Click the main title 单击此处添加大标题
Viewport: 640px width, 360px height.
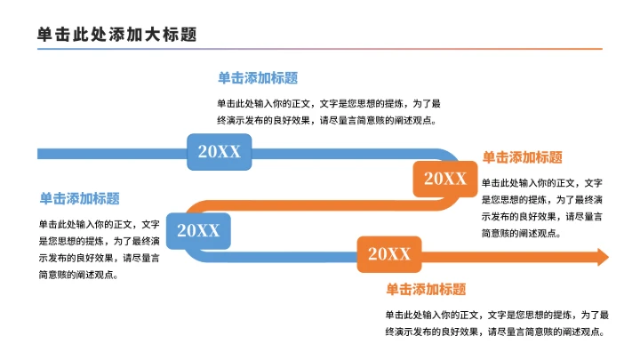[x=116, y=34]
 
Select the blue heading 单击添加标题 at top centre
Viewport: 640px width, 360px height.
[x=258, y=78]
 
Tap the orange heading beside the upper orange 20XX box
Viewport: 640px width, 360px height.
[x=522, y=157]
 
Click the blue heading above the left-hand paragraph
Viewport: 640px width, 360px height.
[x=79, y=198]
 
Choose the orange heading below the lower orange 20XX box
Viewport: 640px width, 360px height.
[x=426, y=290]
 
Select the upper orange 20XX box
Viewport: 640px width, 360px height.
[x=444, y=179]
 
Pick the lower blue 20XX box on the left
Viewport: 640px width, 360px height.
[x=198, y=231]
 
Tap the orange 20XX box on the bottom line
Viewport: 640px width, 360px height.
[x=389, y=255]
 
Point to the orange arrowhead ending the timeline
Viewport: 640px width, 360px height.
[x=602, y=257]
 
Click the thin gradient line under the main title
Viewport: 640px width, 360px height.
[x=320, y=50]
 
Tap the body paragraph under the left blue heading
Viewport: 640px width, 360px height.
[x=100, y=250]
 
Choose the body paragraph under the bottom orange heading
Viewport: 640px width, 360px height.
[x=496, y=324]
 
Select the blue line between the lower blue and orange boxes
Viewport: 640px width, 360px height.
[x=284, y=258]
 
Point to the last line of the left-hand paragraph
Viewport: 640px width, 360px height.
[x=79, y=275]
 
